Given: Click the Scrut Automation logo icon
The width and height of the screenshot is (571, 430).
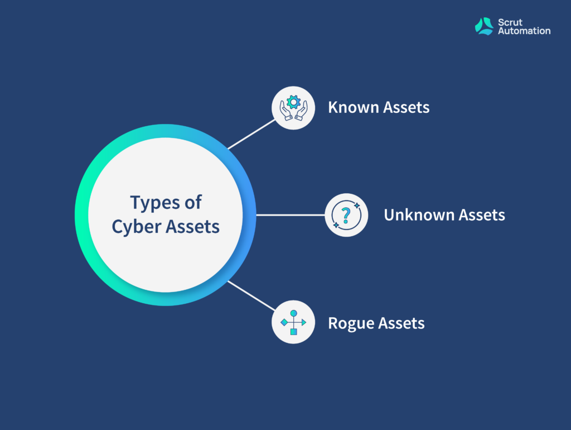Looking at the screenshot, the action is pos(484,26).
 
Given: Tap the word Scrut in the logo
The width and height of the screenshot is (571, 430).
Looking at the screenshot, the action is pos(510,22).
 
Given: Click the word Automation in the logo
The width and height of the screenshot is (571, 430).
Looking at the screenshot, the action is pos(524,31).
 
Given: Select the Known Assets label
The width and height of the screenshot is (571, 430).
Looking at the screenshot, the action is pos(379,107).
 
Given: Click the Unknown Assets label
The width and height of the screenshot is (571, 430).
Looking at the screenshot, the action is pos(444,215).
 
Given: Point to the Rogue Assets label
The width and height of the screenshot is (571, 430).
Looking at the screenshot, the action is pos(376,323).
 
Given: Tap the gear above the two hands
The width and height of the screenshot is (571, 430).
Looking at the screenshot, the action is pos(293,102).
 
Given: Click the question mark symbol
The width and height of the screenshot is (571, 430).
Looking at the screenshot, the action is pos(346,215).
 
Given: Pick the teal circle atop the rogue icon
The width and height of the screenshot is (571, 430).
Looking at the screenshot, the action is pos(293,313).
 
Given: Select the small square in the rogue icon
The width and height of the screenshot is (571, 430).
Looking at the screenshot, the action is pos(293,332).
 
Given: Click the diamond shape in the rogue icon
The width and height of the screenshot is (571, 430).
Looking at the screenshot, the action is pos(284,322).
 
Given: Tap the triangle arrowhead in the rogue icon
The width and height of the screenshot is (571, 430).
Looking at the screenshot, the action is pos(304,322).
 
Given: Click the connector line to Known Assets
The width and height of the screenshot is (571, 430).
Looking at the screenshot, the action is pos(251,134).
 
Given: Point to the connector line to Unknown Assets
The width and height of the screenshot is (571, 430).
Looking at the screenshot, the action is pos(291,215).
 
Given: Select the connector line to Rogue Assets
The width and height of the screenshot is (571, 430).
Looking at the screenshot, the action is pos(251,296).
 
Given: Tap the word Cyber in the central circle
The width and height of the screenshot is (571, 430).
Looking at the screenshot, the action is pos(137,227).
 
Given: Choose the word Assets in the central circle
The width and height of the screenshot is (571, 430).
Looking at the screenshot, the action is pos(192,227).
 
